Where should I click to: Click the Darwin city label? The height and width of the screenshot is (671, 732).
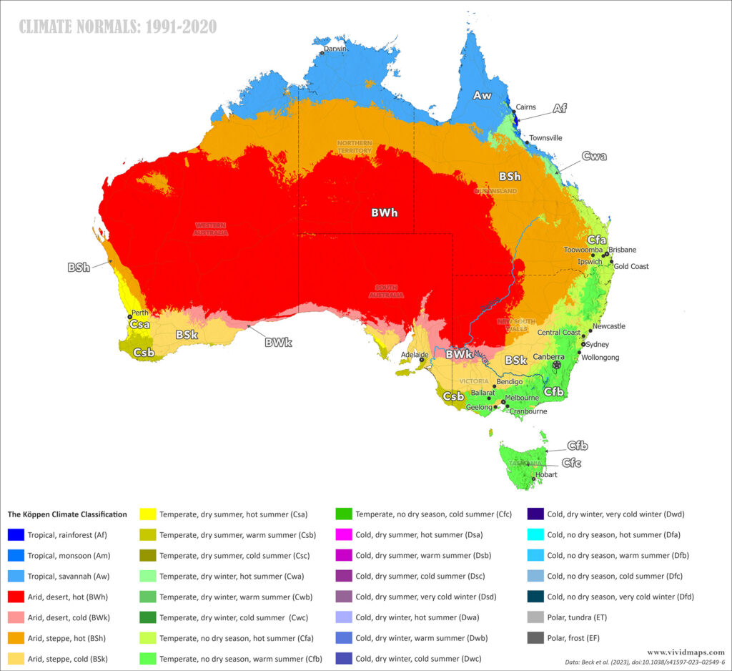click(x=335, y=49)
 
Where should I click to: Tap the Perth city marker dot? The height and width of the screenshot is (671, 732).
click(x=129, y=316)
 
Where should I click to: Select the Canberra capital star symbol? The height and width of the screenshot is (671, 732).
click(x=557, y=364)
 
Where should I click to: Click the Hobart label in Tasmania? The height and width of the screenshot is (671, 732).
click(x=546, y=474)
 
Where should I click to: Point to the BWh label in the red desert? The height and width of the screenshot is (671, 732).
click(x=384, y=212)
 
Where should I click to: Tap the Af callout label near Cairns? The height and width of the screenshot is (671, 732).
click(x=560, y=108)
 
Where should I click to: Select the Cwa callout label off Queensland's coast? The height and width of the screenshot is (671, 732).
click(x=594, y=156)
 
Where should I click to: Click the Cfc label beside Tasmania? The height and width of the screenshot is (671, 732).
click(x=571, y=463)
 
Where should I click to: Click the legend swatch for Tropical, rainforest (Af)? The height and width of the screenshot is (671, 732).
click(x=16, y=534)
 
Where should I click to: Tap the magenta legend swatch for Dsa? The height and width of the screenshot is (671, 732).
click(x=345, y=534)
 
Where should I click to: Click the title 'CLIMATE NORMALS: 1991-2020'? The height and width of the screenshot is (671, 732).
click(x=118, y=27)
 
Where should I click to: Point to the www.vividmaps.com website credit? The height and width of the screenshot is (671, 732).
click(x=686, y=652)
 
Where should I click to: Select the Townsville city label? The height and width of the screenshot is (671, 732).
click(x=545, y=138)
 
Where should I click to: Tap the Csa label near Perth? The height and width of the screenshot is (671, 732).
click(x=139, y=324)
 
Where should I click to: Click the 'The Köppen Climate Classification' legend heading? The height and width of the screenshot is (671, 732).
click(x=67, y=514)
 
